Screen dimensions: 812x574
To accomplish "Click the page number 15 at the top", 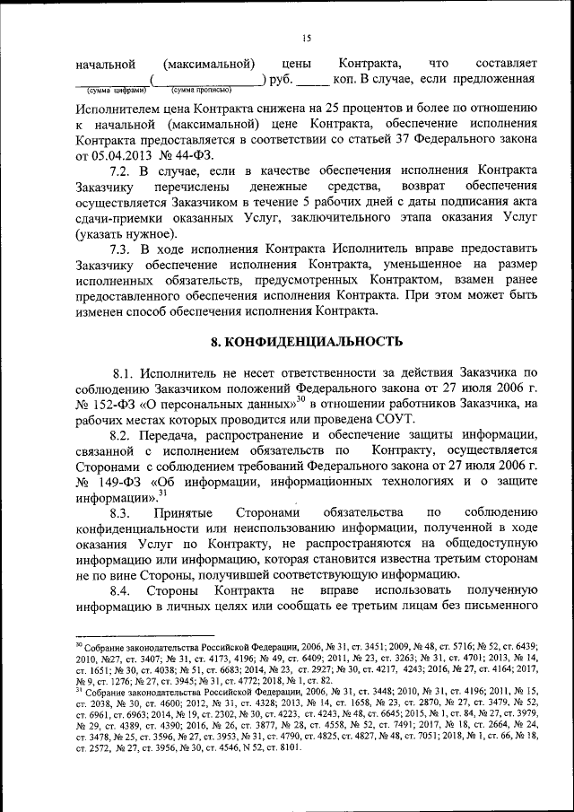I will [306, 37].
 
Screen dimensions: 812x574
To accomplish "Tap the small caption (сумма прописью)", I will [201, 91].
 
